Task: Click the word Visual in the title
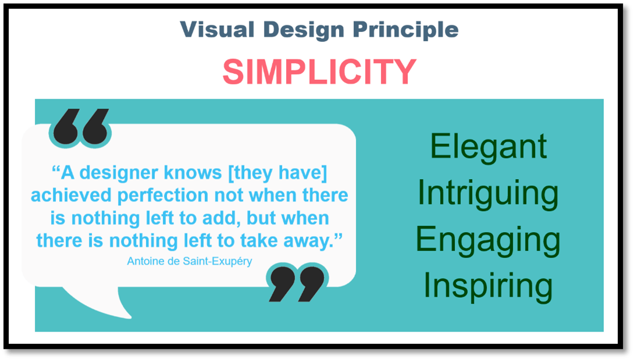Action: pos(217,30)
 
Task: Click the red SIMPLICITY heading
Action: pos(319,72)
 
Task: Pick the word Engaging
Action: pos(488,241)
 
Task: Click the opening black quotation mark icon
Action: pos(80,127)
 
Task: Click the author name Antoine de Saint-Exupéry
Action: pos(190,261)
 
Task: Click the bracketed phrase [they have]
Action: pos(278,173)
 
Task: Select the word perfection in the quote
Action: pos(163,196)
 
